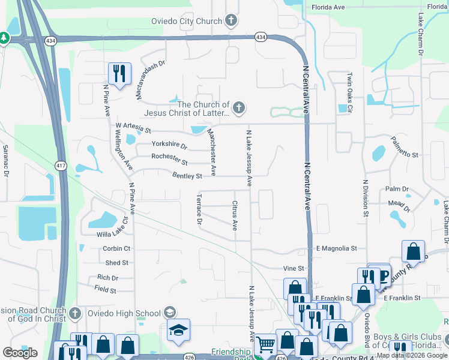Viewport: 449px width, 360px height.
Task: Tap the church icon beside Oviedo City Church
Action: point(231,21)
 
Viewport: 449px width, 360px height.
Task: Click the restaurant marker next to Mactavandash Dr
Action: point(119,74)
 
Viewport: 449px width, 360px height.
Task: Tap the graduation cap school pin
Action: point(179,331)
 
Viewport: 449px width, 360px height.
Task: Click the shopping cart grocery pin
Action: point(265,345)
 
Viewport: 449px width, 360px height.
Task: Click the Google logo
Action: point(20,353)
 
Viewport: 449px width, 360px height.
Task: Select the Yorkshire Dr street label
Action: point(169,146)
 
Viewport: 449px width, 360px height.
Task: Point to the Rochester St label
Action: point(169,160)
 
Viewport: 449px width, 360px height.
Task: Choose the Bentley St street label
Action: point(187,176)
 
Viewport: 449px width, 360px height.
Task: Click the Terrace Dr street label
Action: point(199,209)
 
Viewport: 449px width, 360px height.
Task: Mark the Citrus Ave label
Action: point(235,215)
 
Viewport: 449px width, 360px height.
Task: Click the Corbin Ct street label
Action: point(116,248)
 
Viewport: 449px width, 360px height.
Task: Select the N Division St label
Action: point(365,197)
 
